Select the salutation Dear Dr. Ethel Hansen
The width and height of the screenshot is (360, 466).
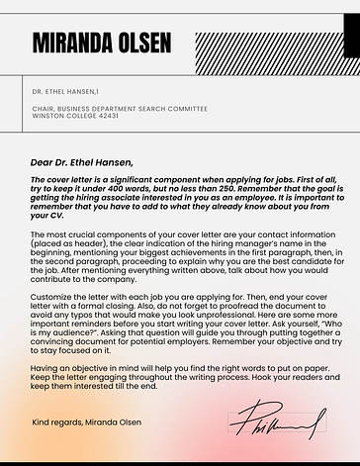(81, 162)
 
